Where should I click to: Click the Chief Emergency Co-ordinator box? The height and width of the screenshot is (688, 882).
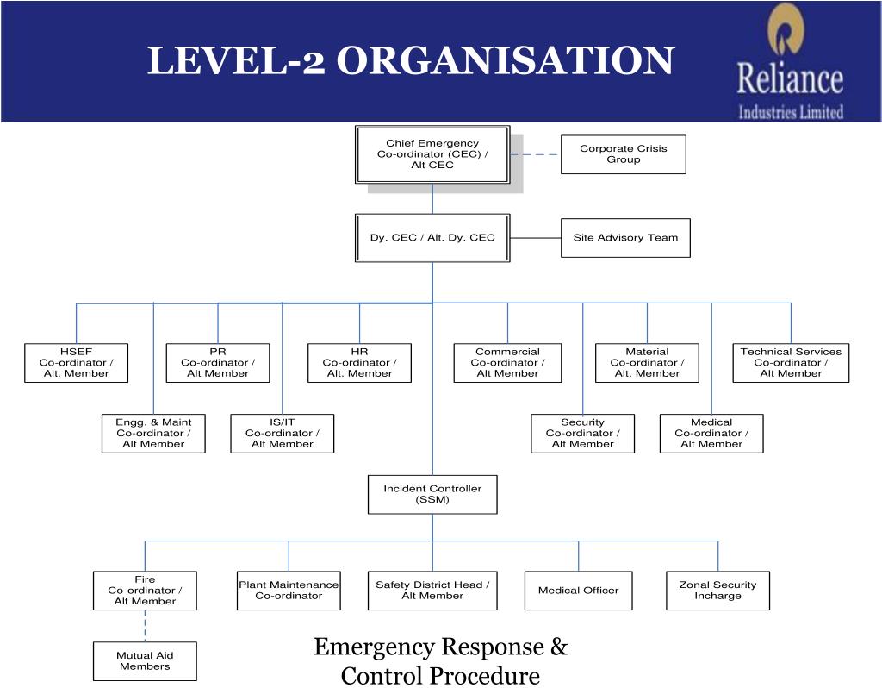point(432,154)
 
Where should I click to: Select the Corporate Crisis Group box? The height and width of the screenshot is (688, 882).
point(623,154)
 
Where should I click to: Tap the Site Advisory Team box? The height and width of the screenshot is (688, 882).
point(625,238)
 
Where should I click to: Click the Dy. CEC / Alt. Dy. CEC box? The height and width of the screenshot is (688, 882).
point(432,238)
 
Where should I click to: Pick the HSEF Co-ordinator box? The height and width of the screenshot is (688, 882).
point(76,363)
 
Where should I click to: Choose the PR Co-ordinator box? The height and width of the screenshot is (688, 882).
point(218,363)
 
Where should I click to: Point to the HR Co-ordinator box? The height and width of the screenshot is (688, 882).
point(359,363)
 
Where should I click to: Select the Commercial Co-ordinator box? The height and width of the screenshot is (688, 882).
point(507,363)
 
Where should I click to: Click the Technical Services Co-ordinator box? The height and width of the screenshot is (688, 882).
point(791,363)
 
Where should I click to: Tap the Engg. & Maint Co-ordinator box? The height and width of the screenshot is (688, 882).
point(153,434)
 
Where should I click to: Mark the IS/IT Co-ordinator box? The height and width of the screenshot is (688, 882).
point(282,434)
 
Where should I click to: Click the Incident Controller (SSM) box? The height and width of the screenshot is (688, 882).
point(432,494)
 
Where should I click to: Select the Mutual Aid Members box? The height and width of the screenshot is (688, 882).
point(145,661)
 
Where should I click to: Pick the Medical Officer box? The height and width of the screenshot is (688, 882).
point(578,591)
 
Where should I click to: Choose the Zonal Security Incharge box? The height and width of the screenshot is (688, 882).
point(717,591)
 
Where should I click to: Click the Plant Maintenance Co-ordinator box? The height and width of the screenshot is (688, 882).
point(289,591)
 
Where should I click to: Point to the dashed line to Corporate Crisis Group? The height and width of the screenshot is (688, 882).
point(535,155)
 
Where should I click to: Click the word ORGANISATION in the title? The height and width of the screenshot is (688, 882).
point(504,60)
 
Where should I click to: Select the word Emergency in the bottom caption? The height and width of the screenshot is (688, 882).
point(374,647)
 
